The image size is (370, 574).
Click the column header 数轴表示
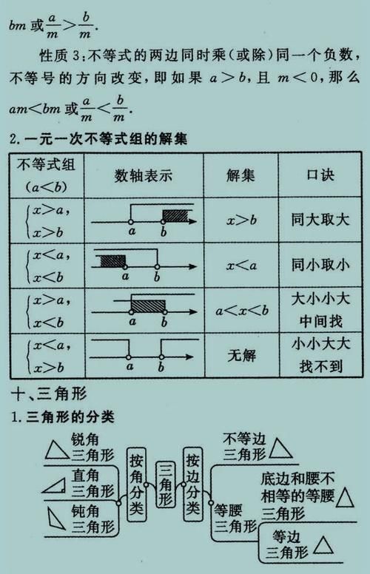pos(144,176)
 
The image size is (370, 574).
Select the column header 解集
pos(240,176)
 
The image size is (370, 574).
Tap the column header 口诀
pos(320,176)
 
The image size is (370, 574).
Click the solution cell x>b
pos(240,220)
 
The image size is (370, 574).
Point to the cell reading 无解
pos(240,355)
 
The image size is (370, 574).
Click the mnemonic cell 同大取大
pos(320,220)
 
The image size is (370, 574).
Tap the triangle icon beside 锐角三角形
pos(55,450)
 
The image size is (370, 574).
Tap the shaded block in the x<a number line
pos(110,260)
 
